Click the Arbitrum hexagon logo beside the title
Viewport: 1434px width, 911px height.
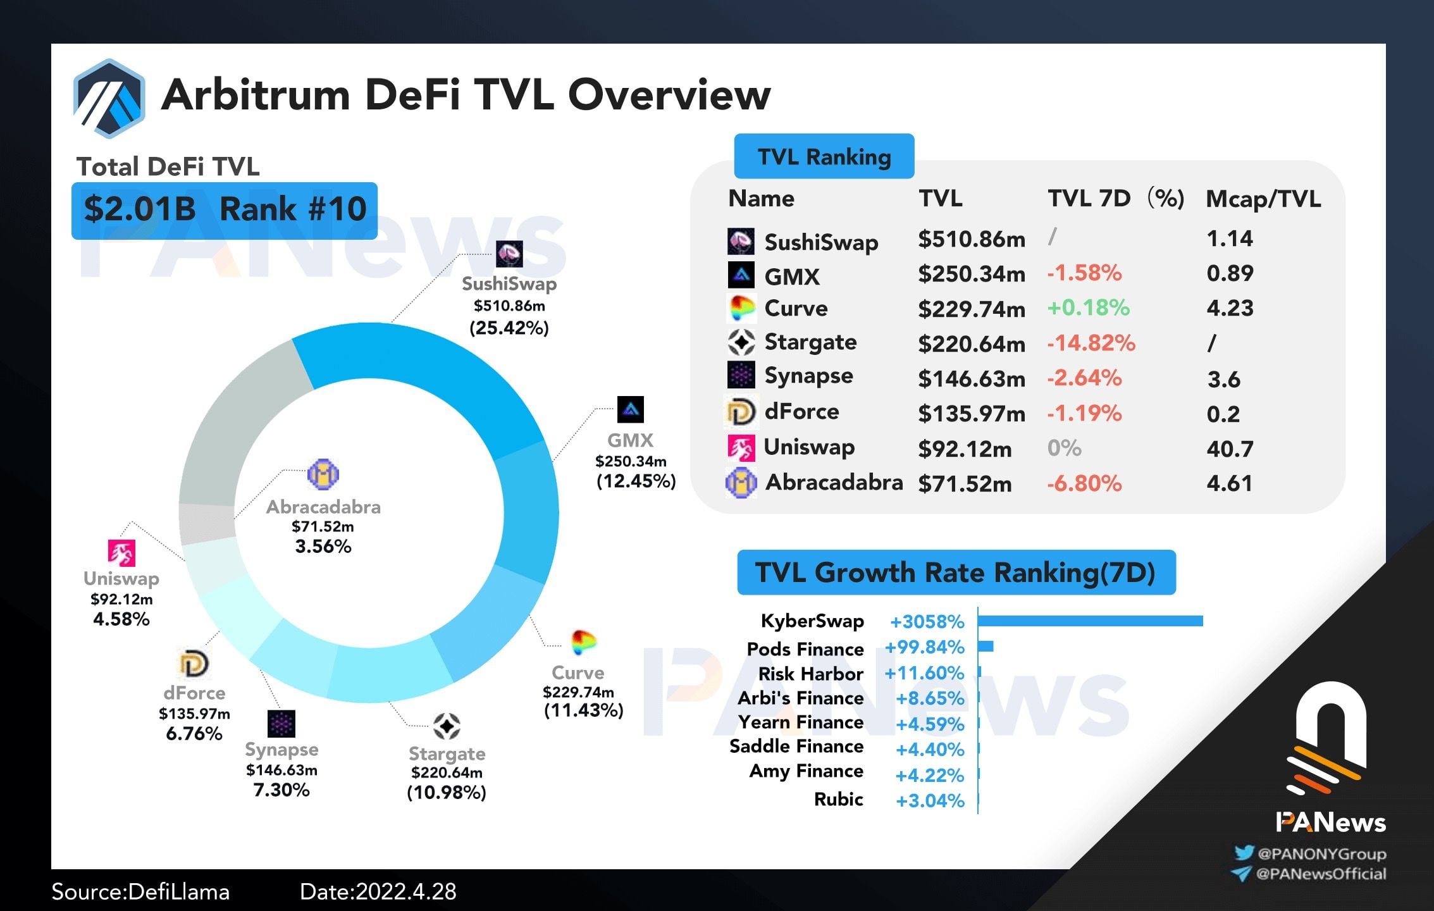tap(109, 98)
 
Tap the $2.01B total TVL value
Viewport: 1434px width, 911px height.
tap(140, 209)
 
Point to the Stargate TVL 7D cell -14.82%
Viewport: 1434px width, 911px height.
tap(1091, 343)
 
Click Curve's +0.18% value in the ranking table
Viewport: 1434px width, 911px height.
tap(1088, 308)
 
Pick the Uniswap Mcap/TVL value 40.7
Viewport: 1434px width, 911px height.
tap(1230, 449)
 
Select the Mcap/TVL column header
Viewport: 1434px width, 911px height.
tap(1263, 199)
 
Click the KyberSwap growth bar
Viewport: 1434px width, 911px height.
tap(1090, 621)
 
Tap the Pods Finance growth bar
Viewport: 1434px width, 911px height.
tap(986, 646)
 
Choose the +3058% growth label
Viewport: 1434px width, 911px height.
tap(927, 622)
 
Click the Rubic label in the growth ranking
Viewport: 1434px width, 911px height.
tap(838, 800)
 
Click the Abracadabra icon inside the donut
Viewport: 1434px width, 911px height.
tap(323, 474)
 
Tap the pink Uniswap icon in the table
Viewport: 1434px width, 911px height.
tap(741, 448)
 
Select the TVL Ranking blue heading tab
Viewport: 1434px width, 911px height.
tap(824, 156)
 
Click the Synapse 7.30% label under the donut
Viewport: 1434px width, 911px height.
tap(281, 790)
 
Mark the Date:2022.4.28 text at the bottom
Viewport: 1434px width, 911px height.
tap(378, 891)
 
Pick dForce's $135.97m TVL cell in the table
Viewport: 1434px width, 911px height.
tap(971, 414)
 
